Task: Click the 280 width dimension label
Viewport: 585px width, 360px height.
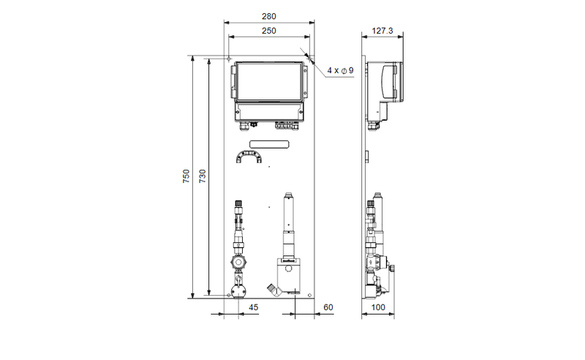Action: tap(268, 16)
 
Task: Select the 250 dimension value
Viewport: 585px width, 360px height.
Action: tap(268, 31)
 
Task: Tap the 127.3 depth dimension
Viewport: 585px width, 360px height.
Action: tap(382, 31)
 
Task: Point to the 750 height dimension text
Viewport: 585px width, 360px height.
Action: tap(186, 176)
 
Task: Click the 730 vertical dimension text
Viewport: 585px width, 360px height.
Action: tap(203, 176)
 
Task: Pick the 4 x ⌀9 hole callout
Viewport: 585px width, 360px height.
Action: tap(340, 70)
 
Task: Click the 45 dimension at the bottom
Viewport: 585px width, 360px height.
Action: tap(253, 307)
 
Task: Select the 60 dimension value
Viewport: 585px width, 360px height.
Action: tap(328, 307)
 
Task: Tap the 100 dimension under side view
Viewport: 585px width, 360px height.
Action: tap(378, 307)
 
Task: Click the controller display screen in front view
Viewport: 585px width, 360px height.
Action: tap(269, 82)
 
